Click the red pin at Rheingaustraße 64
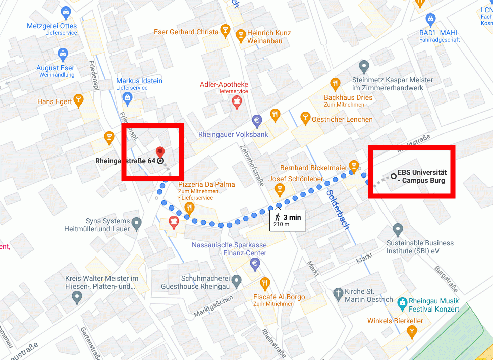[x=160, y=151]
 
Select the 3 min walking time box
[x=287, y=220]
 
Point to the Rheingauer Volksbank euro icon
[x=257, y=120]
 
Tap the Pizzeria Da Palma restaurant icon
[x=189, y=208]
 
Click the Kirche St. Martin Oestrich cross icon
[x=338, y=293]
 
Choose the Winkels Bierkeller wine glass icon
[x=412, y=331]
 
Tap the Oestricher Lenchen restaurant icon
[x=305, y=118]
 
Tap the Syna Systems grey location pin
[x=136, y=222]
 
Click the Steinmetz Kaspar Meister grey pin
[x=364, y=66]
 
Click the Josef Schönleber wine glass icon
[x=279, y=190]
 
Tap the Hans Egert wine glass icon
[x=78, y=99]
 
